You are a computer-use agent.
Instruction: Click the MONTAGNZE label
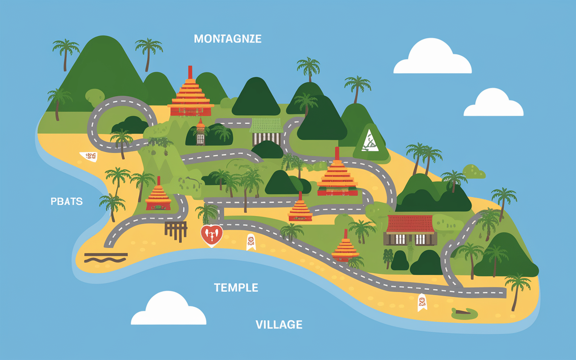click(x=227, y=39)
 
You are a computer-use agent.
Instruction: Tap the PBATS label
click(x=67, y=201)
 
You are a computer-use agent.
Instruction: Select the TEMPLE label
click(x=236, y=288)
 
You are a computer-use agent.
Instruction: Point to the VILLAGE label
click(x=279, y=324)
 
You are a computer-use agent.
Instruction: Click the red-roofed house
click(x=410, y=229)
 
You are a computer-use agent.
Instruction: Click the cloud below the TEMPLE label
click(x=168, y=310)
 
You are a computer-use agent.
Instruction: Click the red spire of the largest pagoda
click(x=190, y=73)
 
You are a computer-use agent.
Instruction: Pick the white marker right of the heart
click(x=251, y=242)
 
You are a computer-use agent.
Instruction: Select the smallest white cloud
click(x=493, y=103)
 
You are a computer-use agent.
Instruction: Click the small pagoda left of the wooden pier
click(x=158, y=196)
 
